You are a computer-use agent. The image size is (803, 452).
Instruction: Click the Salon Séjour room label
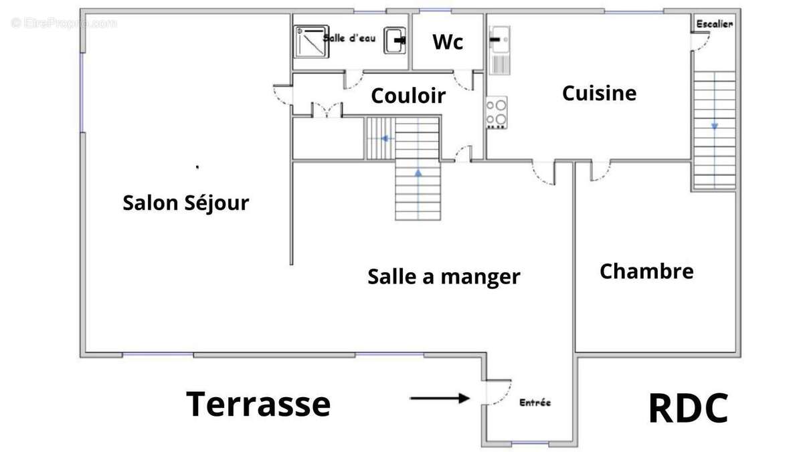185,203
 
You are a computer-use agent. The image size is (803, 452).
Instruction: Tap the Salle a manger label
444,276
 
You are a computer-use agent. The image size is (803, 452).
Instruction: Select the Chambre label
646,271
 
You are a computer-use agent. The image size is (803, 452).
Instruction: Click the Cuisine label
599,93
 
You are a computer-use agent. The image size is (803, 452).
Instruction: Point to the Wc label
448,42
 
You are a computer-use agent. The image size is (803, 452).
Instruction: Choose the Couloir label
408,96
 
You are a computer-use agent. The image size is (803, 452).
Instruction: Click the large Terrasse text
258,405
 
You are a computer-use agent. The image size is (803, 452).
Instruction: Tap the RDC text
688,409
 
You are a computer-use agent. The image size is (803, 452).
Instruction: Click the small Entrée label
535,403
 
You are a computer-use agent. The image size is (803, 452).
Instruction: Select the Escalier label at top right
715,24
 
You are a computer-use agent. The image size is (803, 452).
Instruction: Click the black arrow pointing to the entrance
440,399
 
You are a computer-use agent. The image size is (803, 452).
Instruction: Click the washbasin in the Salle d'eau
395,40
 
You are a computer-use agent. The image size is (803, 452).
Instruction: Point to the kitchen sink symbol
499,49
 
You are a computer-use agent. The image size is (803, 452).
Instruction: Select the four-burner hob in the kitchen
497,113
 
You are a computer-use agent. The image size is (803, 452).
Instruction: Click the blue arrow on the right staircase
714,125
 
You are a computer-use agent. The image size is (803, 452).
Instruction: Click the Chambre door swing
600,171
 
